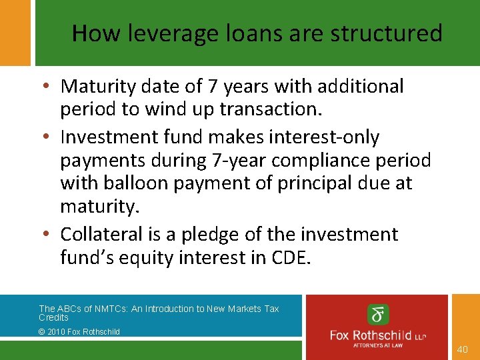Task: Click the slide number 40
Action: (x=463, y=349)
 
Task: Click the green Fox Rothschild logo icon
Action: (x=378, y=314)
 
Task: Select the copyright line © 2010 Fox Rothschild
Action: (x=79, y=331)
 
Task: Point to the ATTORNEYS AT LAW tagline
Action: (x=379, y=345)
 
